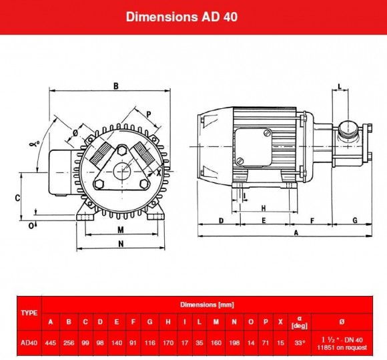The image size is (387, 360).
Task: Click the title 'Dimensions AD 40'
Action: (181, 17)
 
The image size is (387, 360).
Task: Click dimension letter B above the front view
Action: (115, 85)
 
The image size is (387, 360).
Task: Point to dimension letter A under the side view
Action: (296, 232)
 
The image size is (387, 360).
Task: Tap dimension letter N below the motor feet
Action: (120, 244)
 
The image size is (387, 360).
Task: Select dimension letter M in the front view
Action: (120, 229)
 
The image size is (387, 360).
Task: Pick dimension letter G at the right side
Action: (354, 220)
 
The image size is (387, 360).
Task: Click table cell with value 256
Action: (69, 343)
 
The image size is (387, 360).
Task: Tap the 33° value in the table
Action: (300, 343)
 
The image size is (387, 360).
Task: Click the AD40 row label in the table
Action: (29, 343)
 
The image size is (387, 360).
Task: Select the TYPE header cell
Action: (29, 312)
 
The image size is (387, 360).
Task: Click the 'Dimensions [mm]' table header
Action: (208, 304)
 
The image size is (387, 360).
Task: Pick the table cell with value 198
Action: (234, 343)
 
